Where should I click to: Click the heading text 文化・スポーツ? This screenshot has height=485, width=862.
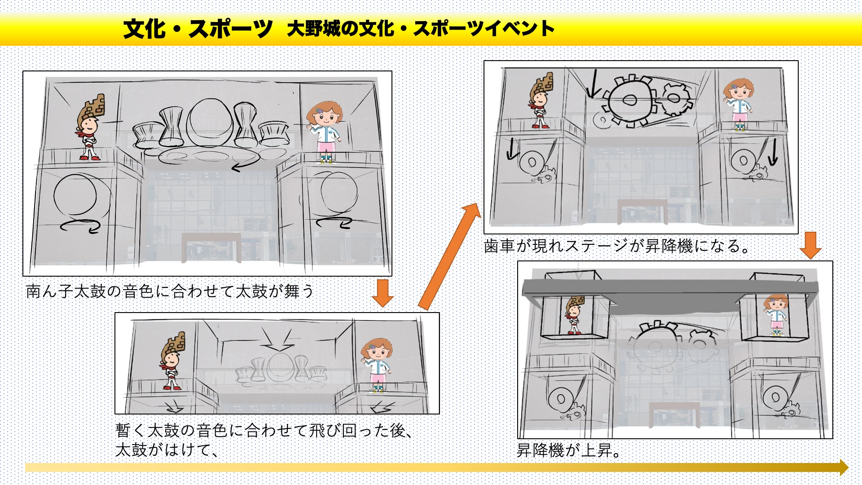click(x=198, y=29)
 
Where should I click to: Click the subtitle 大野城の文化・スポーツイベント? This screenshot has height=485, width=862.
click(x=421, y=29)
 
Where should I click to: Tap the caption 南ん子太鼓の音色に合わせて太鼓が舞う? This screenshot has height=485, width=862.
click(x=170, y=291)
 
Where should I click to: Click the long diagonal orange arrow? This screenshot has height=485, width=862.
click(x=449, y=256)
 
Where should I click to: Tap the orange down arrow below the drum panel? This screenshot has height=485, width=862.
click(x=383, y=293)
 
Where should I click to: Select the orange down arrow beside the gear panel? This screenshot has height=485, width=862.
click(x=810, y=245)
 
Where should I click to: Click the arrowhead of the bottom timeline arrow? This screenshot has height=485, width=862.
click(x=843, y=467)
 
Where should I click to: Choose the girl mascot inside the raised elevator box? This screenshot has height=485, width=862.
click(x=775, y=314)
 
